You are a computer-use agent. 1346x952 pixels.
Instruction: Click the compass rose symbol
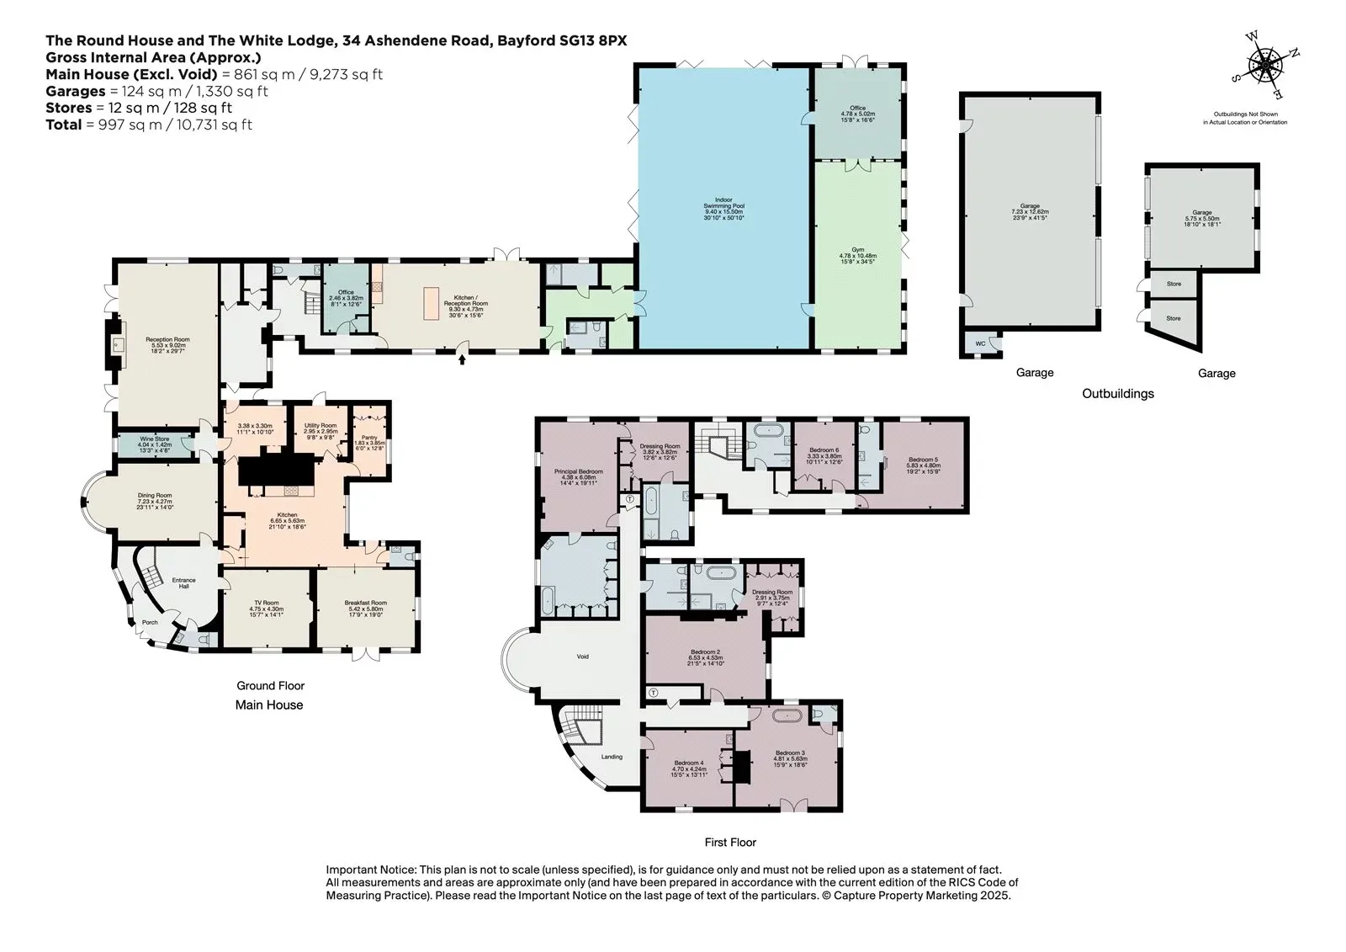[1264, 65]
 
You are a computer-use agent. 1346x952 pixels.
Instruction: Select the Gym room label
[857, 251]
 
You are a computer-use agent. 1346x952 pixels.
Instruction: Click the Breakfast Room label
[365, 604]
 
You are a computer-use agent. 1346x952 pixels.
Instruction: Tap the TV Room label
[266, 604]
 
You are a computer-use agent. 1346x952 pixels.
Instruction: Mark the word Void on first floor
[582, 657]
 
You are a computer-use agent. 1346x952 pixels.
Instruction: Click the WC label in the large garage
[980, 343]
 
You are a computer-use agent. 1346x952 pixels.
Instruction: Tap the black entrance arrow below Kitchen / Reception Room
[461, 359]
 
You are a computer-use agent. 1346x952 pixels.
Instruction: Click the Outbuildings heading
[1117, 394]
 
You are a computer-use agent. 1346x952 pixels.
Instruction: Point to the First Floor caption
[729, 843]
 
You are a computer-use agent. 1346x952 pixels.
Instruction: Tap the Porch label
[149, 623]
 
